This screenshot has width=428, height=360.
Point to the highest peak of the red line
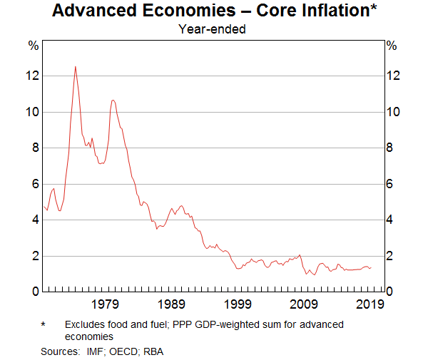(76, 66)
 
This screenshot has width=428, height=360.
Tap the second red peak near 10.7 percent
(113, 100)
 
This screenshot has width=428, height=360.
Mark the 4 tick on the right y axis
(389, 220)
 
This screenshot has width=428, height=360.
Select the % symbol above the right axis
(391, 46)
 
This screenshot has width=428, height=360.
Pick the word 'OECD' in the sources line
(128, 351)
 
